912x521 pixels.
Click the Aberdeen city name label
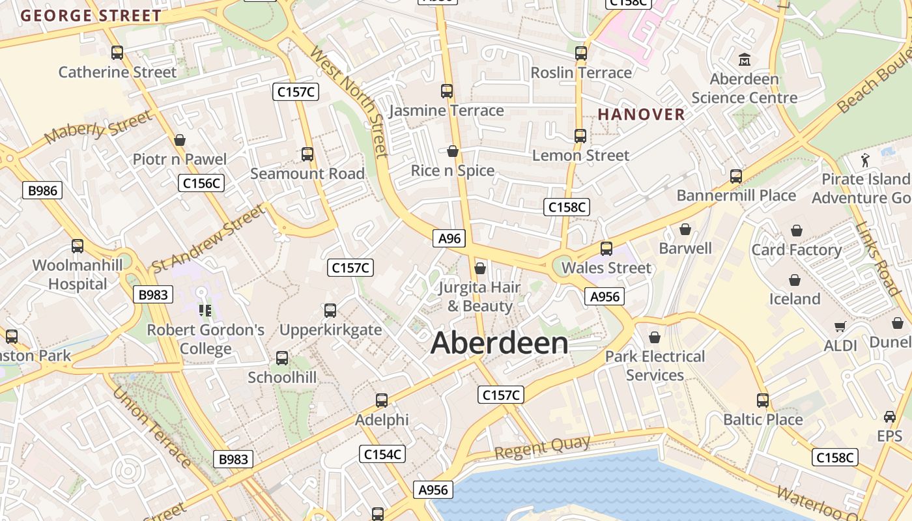[x=499, y=343]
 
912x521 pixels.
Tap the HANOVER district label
[x=642, y=115]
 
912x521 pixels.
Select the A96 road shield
[x=449, y=238]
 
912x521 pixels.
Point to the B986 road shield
[x=43, y=190]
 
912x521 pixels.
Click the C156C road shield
[x=201, y=183]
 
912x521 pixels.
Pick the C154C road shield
[x=382, y=454]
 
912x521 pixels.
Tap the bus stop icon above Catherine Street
[x=117, y=53]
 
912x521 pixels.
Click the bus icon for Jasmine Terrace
[x=447, y=91]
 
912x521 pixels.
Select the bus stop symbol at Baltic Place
[x=763, y=400]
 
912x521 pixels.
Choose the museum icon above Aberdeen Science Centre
[x=745, y=60]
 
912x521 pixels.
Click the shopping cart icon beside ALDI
[x=840, y=326]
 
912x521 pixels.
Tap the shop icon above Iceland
[x=795, y=280]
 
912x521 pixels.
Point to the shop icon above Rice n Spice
[x=453, y=151]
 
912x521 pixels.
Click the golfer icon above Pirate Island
[x=864, y=159]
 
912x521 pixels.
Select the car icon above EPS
[x=890, y=417]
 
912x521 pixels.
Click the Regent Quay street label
[x=542, y=447]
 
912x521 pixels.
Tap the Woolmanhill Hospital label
[x=78, y=274]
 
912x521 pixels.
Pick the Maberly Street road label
[x=98, y=127]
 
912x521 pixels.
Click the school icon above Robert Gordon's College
[x=205, y=311]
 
